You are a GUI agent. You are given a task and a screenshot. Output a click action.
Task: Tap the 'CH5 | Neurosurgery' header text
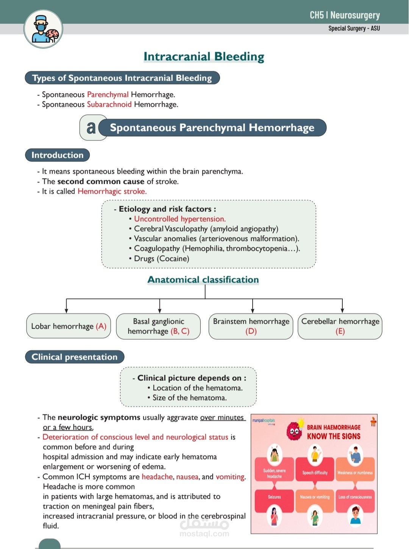click(x=345, y=16)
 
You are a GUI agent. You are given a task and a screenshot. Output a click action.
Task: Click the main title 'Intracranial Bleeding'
click(x=204, y=57)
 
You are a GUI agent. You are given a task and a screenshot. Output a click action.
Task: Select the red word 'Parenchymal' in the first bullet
click(x=108, y=95)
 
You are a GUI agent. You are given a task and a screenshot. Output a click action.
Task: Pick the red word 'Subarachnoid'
click(x=109, y=104)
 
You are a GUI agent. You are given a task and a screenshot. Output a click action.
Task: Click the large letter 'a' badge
click(x=91, y=127)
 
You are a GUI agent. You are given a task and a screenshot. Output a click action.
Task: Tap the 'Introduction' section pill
click(x=57, y=155)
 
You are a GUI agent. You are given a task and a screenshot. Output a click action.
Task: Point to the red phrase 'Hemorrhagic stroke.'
click(x=112, y=191)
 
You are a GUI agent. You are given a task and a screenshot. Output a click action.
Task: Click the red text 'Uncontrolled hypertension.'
click(x=180, y=219)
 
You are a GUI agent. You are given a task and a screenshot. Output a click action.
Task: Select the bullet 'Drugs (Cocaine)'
click(x=161, y=259)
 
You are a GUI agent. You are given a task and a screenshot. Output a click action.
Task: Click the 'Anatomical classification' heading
click(x=203, y=280)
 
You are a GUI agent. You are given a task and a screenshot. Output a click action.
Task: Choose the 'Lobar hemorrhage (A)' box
click(x=69, y=326)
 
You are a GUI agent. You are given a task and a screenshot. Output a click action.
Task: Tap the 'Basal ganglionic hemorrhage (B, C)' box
click(x=159, y=326)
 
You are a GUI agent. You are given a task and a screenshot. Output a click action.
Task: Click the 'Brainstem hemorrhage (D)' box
click(x=251, y=326)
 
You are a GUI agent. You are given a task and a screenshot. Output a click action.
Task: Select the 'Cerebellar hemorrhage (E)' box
click(x=340, y=326)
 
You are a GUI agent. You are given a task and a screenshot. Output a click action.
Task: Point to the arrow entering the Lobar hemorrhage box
click(x=66, y=306)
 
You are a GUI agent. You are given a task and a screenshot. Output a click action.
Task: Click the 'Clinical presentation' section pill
click(x=75, y=357)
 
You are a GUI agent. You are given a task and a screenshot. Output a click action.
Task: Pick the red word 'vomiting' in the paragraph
click(x=230, y=477)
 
